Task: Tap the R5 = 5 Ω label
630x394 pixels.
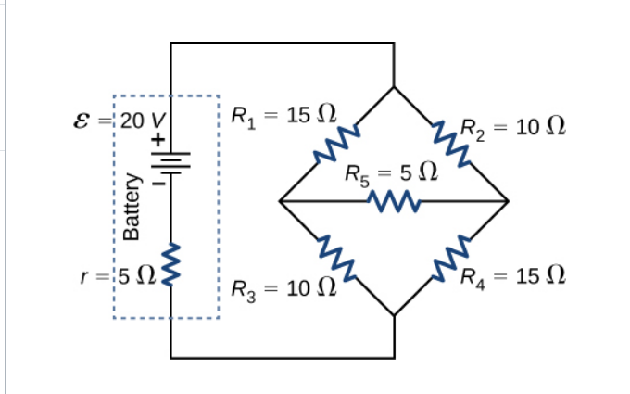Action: tap(390, 172)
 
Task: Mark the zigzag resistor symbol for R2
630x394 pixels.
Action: tap(453, 144)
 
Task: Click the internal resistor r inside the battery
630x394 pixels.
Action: tap(170, 262)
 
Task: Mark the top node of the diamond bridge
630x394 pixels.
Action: tap(395, 86)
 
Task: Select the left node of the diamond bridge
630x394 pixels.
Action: tap(280, 200)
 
